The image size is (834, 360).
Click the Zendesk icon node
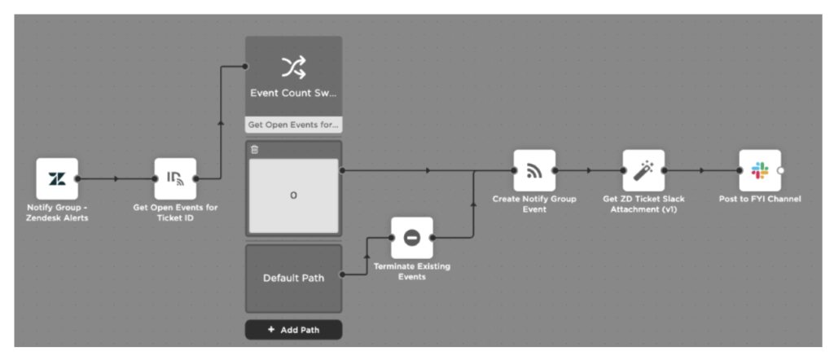click(x=57, y=178)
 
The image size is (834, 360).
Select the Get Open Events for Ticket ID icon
click(x=175, y=178)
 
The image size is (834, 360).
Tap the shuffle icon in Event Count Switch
click(x=293, y=68)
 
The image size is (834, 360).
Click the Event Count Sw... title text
click(x=293, y=93)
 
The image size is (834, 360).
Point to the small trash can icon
click(x=254, y=150)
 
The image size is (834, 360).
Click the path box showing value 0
click(x=293, y=196)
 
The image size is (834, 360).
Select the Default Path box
click(x=293, y=278)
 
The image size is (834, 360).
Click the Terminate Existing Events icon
click(x=412, y=238)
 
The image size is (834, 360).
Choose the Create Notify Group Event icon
click(x=534, y=171)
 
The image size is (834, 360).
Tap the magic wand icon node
click(x=643, y=171)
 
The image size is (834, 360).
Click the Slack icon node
click(x=759, y=171)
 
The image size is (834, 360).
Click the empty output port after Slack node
click(x=781, y=171)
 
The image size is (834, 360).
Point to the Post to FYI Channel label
click(x=759, y=199)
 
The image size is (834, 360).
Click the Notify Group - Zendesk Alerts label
click(x=57, y=213)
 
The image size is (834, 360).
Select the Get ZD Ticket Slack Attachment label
click(x=643, y=204)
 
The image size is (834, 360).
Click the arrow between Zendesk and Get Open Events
click(x=116, y=178)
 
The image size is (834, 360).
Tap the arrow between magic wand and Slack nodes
click(x=701, y=171)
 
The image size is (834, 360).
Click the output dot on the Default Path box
click(x=340, y=274)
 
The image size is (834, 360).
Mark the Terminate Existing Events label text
click(x=412, y=271)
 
